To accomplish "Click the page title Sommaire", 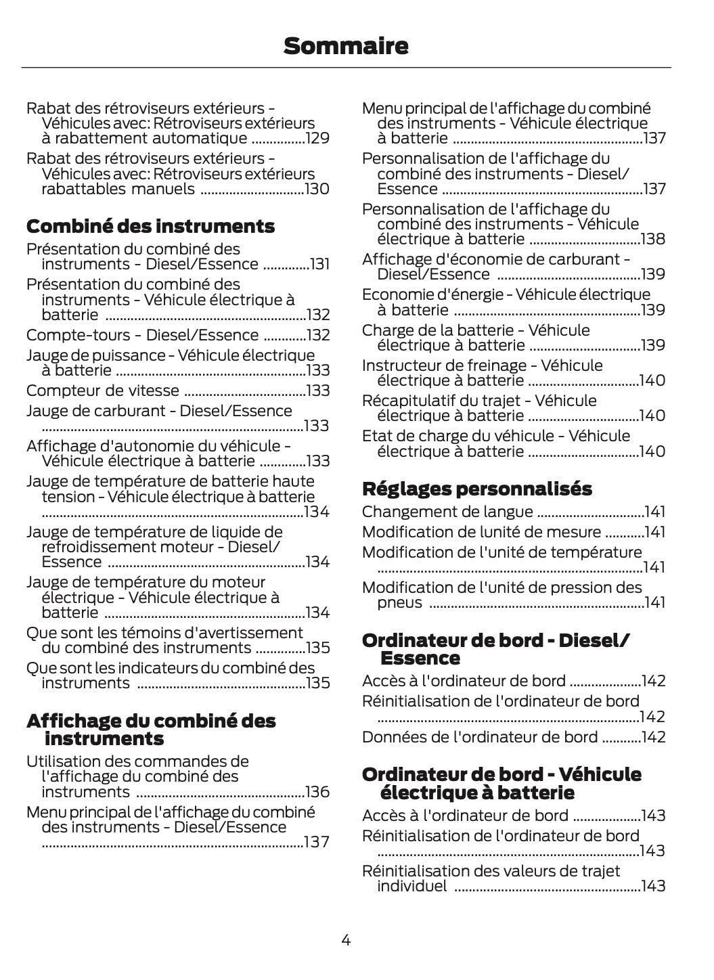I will pos(346,46).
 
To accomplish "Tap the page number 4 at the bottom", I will pos(346,939).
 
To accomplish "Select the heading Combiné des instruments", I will pos(150,226).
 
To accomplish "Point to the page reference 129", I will pos(317,139).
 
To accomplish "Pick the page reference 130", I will pos(317,189).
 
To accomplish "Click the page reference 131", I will pos(319,265).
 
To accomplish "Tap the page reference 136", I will pos(317,792).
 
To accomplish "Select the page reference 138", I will pos(653,239).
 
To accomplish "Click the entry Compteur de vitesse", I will pos(103,391).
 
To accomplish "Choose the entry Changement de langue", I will pos(447,512).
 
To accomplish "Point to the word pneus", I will pos(399,602).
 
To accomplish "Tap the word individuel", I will pos(411,886).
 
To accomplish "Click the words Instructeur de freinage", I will pos(444,365).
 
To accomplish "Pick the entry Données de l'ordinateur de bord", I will pos(480,737).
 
